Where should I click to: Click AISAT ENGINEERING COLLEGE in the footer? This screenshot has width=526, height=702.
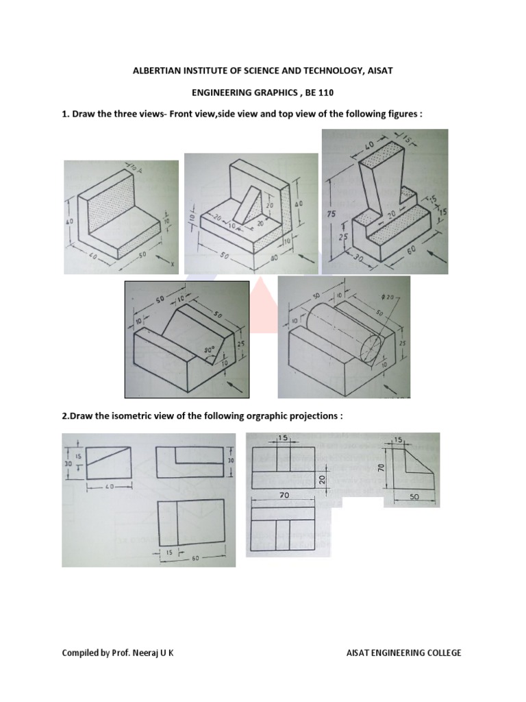pyautogui.click(x=404, y=653)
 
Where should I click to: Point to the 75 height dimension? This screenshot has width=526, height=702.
pyautogui.click(x=331, y=214)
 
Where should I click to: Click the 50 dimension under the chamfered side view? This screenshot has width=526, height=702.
pyautogui.click(x=414, y=495)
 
